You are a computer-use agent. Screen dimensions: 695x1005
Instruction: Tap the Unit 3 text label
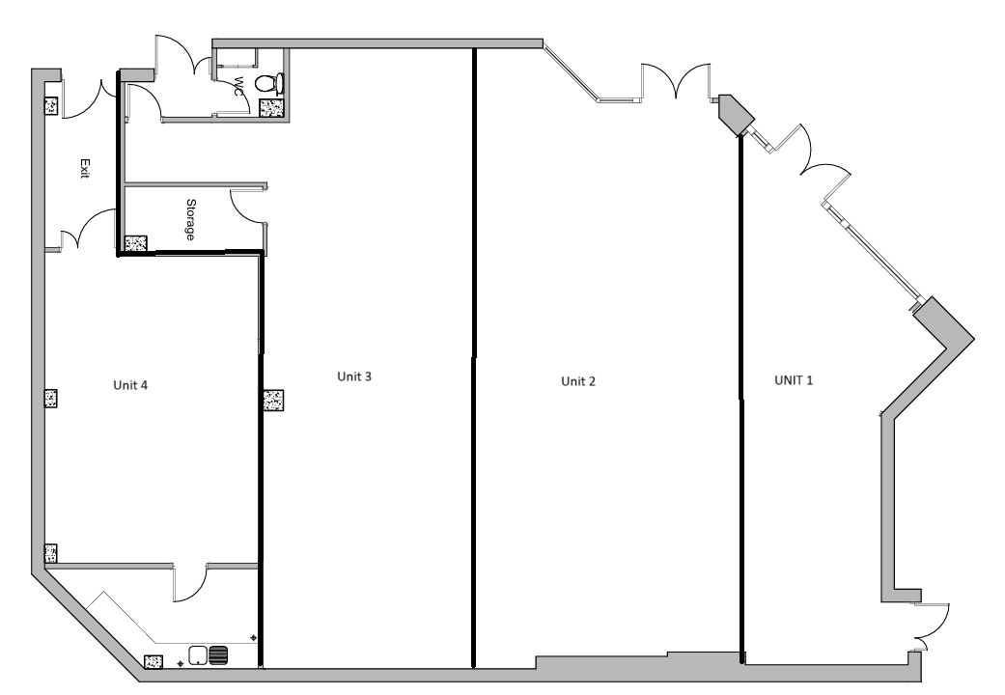[x=354, y=375]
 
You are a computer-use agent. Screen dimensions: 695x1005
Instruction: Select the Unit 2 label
[x=578, y=381]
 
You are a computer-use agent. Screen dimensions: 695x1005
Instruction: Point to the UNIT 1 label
[x=794, y=380]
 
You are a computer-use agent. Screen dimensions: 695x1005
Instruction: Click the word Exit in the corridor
[x=85, y=170]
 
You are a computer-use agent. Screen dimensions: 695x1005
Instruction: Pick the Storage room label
[x=191, y=219]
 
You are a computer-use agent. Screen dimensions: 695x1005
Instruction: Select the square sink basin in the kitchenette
[x=199, y=655]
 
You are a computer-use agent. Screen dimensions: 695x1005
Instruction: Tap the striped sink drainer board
[x=219, y=655]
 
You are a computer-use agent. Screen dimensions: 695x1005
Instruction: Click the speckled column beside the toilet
[x=272, y=107]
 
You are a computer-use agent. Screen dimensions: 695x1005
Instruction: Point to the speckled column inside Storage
[x=135, y=245]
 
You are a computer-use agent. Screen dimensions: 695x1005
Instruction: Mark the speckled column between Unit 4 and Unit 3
[x=272, y=401]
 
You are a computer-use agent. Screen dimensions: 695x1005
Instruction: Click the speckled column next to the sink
[x=153, y=662]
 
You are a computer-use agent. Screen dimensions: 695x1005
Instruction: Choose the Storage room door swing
[x=247, y=205]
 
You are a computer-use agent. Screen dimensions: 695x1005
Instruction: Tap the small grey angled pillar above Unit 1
[x=736, y=114]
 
